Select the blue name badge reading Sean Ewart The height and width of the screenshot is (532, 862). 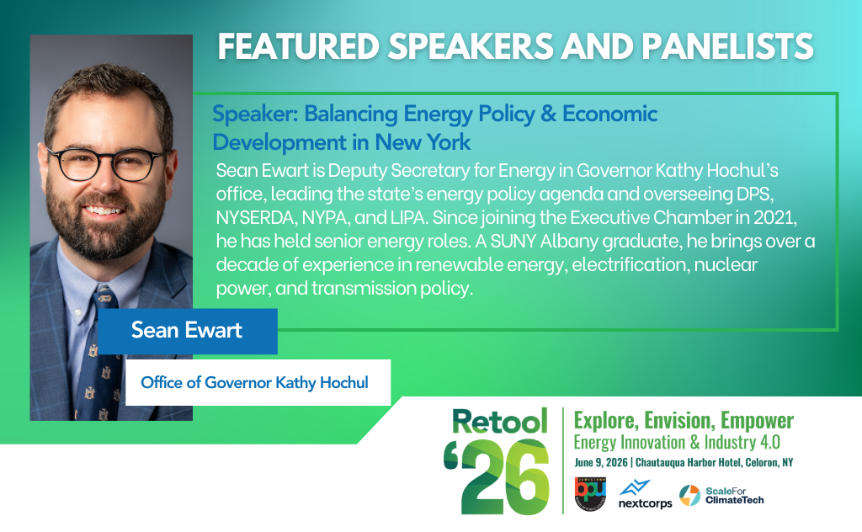[187, 330]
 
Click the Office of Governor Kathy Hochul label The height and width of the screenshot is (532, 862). [254, 382]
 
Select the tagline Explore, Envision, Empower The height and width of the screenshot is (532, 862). [683, 420]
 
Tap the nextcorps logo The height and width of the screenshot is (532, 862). [645, 495]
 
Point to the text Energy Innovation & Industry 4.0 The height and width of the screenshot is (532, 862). [677, 442]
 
